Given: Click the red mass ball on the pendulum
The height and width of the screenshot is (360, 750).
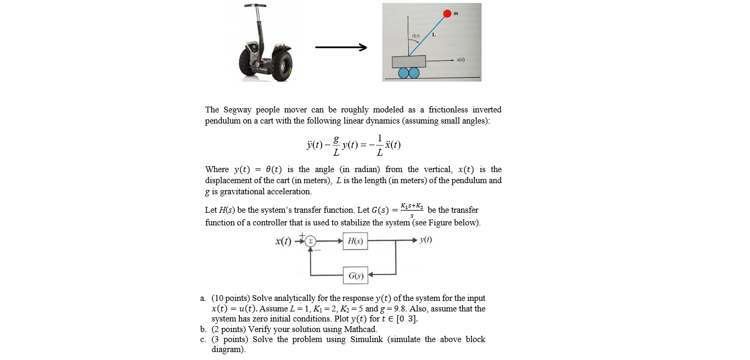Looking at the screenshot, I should coord(447,13).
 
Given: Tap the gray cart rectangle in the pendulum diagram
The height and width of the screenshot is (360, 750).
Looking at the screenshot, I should coord(409,61).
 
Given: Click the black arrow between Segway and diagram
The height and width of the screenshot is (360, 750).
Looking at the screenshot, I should coord(341,48).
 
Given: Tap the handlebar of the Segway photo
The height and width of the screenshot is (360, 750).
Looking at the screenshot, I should coord(255,6).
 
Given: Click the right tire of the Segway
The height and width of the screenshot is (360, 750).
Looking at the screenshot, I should coord(283,64).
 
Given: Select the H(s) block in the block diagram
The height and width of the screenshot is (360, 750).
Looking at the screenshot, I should coord(355,241).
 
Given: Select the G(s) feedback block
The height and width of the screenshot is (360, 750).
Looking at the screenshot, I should coord(355,275).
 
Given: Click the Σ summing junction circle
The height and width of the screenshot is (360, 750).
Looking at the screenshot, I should coord(311,241).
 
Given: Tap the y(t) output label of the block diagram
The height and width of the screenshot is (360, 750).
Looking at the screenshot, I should coord(425,240).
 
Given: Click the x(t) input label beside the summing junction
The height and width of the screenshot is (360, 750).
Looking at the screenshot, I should coord(283,241).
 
